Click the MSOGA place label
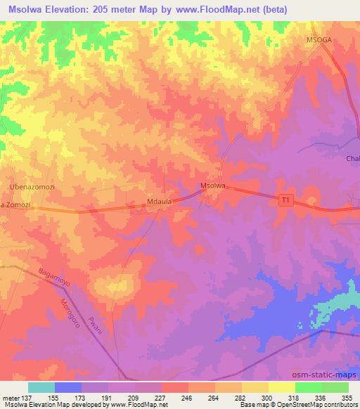318,40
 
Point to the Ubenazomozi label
32,187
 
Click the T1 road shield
285,200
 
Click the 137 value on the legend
27,397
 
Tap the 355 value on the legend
347,397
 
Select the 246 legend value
187,397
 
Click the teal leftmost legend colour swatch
41,387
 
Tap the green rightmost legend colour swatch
335,387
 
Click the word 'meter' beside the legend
11,397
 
